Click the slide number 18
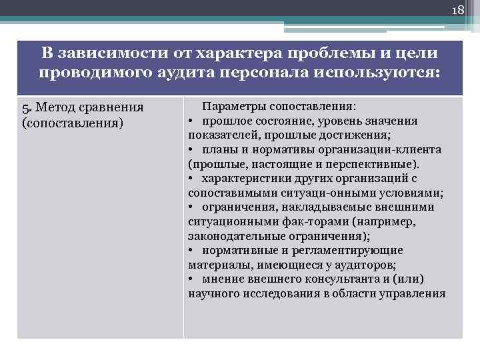point(457,10)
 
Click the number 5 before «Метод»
point(25,109)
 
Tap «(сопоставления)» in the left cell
point(73,123)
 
